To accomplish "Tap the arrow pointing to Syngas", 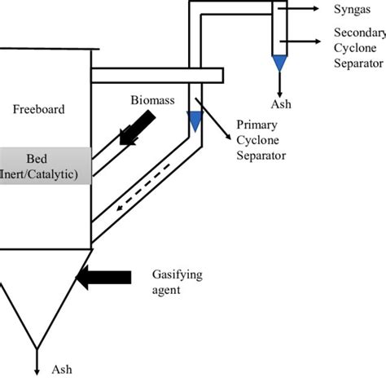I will [302, 8].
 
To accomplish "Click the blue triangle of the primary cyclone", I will [194, 121].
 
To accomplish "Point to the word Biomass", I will [152, 100].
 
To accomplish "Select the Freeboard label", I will [33, 107].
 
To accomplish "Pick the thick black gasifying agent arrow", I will [103, 278].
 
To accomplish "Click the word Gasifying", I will [176, 274].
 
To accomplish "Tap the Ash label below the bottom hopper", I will [62, 369].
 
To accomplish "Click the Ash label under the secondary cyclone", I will [281, 103].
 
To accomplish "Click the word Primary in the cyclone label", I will [255, 126].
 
